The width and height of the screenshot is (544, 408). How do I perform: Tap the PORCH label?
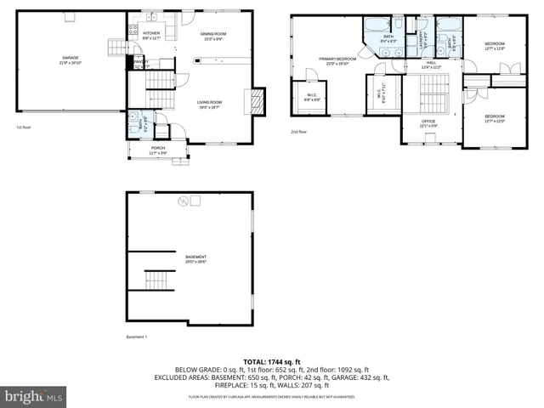[158, 150]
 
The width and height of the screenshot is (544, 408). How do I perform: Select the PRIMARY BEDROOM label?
[337, 60]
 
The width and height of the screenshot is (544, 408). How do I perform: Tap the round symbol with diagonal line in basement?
[180, 201]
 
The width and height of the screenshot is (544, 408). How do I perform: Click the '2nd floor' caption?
[297, 132]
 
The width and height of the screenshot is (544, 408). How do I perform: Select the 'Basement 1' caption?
[137, 337]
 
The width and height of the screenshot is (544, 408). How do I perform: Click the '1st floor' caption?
[24, 127]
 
